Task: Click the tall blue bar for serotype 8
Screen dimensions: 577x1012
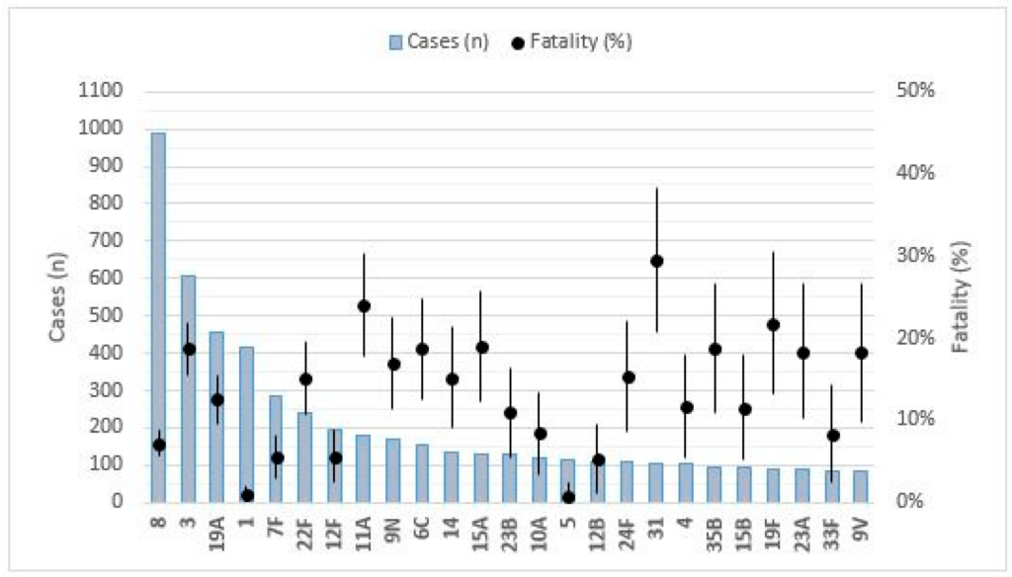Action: click(x=158, y=316)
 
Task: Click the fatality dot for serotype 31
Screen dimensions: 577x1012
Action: click(x=656, y=261)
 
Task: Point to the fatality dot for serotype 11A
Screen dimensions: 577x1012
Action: click(x=364, y=306)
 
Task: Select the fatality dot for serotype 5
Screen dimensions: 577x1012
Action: click(x=568, y=497)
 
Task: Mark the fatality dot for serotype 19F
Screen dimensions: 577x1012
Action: click(x=773, y=325)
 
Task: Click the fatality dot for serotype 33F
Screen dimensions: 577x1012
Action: click(x=832, y=436)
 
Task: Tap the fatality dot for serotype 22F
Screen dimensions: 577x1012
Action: click(x=305, y=379)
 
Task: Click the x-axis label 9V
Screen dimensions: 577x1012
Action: click(x=861, y=527)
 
